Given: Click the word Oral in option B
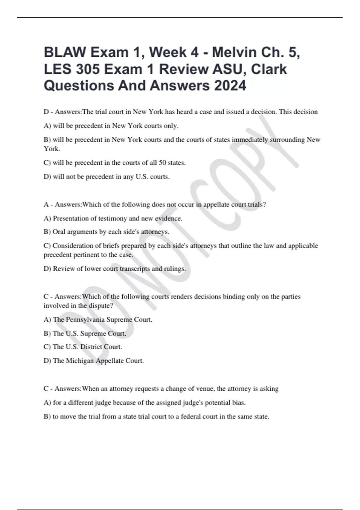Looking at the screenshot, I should click(59, 232).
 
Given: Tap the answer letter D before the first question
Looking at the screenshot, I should click(46, 112).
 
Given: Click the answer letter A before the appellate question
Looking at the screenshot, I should click(46, 205).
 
